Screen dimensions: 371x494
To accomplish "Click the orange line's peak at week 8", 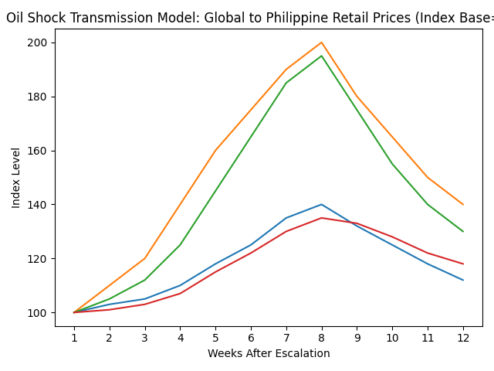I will click(322, 43).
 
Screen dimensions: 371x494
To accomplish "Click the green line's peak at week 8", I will click(322, 56).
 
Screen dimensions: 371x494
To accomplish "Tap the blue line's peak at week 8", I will click(322, 205).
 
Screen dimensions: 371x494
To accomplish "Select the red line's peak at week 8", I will click(322, 218).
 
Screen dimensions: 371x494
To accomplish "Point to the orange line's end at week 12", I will click(463, 205).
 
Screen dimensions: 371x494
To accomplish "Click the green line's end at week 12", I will click(463, 231).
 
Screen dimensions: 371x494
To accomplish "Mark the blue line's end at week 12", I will click(463, 280).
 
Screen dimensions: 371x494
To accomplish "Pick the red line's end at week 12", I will click(463, 264).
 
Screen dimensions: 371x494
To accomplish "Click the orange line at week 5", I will click(215, 151).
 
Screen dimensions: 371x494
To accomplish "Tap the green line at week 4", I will click(180, 245).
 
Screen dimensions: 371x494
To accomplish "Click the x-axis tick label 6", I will click(251, 338).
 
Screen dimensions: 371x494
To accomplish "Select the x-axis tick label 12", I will click(463, 338).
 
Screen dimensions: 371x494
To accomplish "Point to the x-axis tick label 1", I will click(74, 338).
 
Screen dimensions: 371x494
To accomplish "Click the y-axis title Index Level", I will click(16, 178).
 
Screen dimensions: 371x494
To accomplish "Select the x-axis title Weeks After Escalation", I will click(269, 354).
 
